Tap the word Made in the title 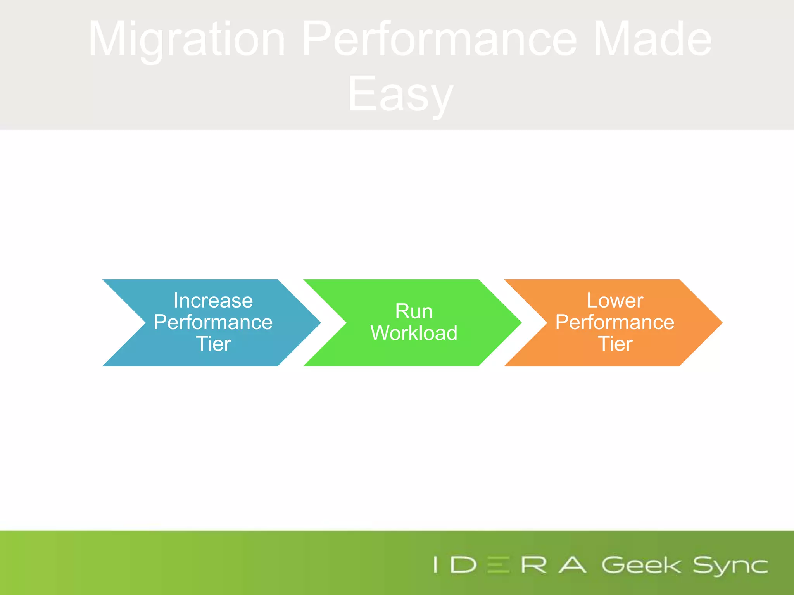tap(652, 39)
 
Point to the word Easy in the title tap(400, 94)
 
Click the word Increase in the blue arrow tap(213, 301)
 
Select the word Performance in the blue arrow tap(213, 322)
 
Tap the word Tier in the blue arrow tap(213, 344)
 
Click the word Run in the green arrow tap(414, 311)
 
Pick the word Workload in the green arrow tap(414, 333)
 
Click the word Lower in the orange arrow tap(615, 301)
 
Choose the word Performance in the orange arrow tap(615, 322)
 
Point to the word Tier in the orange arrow tap(615, 344)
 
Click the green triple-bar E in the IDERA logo tap(498, 565)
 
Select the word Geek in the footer tap(641, 565)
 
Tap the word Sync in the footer tap(730, 566)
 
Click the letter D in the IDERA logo tap(463, 565)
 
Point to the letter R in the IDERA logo tap(533, 565)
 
